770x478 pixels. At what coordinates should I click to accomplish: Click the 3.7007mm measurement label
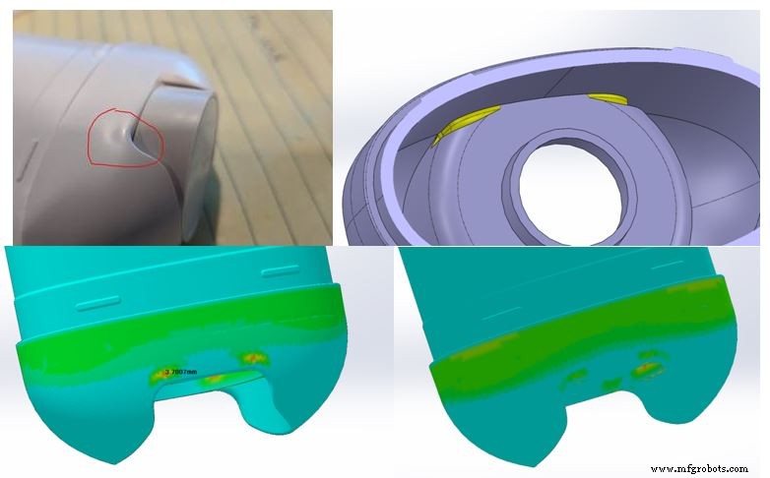(x=182, y=371)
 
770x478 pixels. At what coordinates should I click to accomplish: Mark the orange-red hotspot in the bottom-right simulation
(x=649, y=369)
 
